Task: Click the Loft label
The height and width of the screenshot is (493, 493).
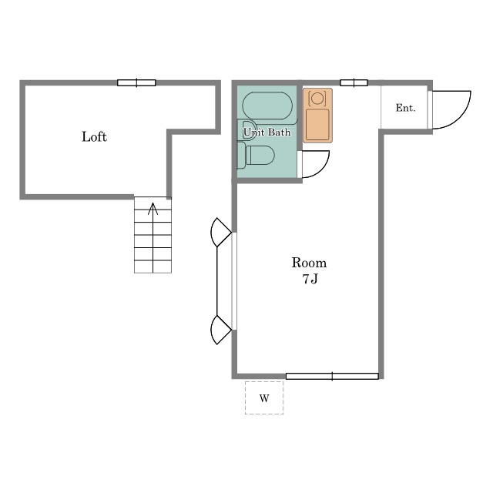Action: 94,137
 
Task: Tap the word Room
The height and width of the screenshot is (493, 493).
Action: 309,263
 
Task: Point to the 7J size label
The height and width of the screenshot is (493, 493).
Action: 310,279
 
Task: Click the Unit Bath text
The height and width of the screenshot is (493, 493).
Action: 267,132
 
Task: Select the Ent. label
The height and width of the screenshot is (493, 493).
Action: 406,108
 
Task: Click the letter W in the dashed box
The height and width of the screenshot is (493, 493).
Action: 264,398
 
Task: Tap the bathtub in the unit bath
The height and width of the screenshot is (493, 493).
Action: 267,106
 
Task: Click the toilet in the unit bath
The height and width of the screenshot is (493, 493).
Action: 257,156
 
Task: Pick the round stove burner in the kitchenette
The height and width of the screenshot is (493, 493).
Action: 317,99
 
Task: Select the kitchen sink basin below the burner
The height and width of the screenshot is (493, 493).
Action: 317,124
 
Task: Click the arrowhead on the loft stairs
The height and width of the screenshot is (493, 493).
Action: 153,208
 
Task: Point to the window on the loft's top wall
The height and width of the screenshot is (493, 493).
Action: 136,82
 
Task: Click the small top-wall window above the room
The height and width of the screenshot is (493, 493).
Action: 354,82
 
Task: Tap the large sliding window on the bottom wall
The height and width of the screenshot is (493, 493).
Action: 332,376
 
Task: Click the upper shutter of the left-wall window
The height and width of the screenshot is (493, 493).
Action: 220,233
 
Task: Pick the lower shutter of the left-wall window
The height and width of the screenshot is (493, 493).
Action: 220,330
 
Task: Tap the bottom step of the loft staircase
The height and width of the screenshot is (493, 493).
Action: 153,267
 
